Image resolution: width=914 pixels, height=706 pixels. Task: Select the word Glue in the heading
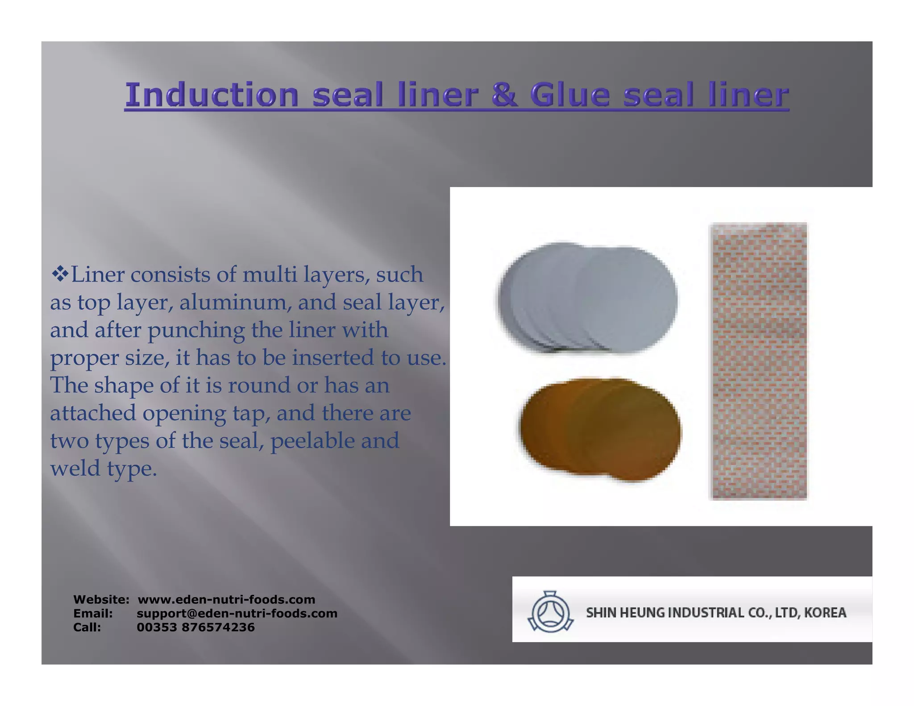[569, 95]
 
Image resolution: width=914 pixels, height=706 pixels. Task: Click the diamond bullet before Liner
[59, 274]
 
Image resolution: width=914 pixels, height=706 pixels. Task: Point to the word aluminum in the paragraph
[235, 302]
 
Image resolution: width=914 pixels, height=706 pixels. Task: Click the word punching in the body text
[196, 331]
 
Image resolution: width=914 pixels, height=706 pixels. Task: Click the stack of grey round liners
[587, 299]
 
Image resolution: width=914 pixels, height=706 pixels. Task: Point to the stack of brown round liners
[600, 429]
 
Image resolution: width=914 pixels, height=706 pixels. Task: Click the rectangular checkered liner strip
[758, 361]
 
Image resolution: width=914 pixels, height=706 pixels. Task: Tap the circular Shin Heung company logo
[550, 611]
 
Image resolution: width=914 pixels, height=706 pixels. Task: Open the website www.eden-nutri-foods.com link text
[226, 599]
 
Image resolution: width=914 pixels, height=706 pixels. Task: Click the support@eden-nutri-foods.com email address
[237, 613]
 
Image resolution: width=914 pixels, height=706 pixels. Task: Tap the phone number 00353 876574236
[195, 627]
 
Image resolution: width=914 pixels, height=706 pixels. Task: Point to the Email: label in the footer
[93, 613]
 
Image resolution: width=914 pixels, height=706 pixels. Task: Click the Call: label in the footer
[87, 627]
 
